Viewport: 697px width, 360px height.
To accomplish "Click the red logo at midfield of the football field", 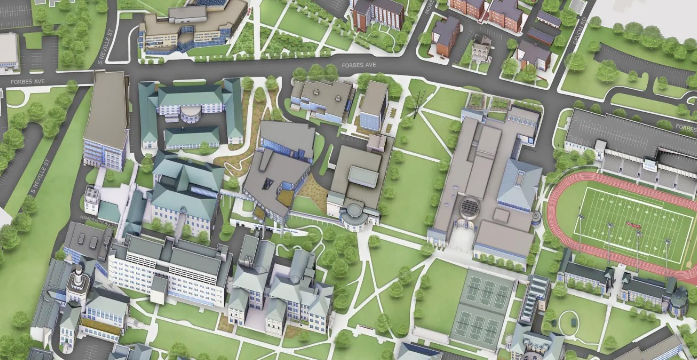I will (634, 223).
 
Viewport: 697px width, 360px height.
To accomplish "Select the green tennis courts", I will (481, 306).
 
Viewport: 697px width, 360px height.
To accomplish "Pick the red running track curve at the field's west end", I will (553, 213).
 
